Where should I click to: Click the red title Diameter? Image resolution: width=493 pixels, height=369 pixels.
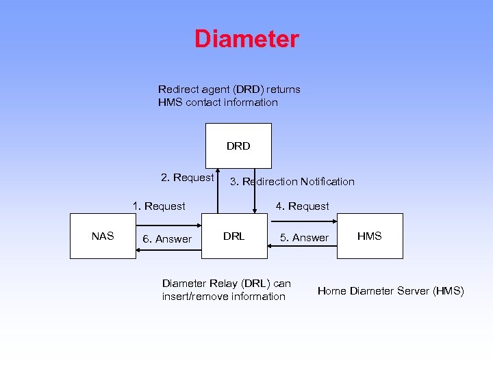click(246, 39)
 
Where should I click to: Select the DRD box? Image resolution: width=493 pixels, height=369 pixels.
click(238, 146)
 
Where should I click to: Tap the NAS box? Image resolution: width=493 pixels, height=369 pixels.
click(103, 236)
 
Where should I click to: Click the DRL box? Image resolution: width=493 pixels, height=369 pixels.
click(234, 236)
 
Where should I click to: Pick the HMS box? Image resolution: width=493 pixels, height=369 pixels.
click(370, 236)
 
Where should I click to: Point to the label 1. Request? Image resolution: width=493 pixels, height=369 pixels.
click(159, 206)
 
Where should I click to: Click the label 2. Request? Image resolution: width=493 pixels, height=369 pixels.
click(187, 178)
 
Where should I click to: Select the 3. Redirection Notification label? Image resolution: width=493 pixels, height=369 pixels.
click(292, 182)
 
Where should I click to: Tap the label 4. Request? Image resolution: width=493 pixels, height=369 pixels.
click(302, 206)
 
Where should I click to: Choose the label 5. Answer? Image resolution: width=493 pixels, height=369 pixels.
click(304, 238)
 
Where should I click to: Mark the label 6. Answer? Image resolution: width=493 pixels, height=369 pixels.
click(166, 239)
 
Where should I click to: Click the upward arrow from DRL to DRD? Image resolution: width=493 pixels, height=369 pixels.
click(218, 191)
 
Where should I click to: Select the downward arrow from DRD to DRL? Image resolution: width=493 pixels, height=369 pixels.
click(255, 191)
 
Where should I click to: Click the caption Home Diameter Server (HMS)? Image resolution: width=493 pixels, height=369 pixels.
click(390, 291)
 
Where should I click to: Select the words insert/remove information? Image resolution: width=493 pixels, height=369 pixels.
click(223, 297)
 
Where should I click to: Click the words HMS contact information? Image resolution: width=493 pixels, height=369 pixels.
click(218, 102)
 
